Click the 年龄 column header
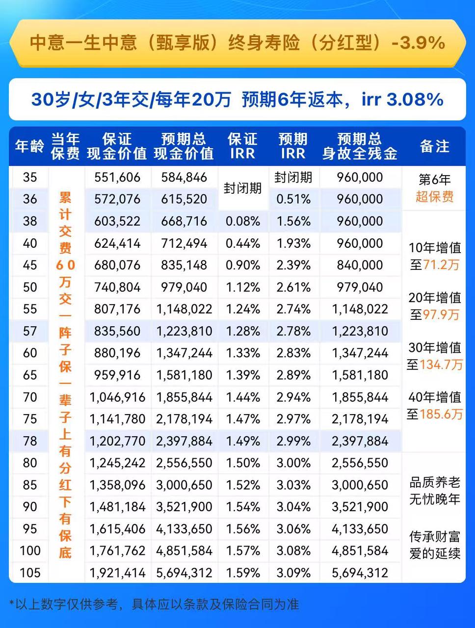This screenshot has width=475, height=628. click(29, 146)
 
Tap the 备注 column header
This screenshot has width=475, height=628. click(434, 146)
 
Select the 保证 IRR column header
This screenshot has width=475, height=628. click(242, 146)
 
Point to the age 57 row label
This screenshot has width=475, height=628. click(30, 331)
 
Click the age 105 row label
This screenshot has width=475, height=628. click(30, 573)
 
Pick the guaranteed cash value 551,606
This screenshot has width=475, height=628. click(117, 177)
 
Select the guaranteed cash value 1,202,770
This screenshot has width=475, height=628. click(117, 441)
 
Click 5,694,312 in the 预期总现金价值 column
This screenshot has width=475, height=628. click(184, 573)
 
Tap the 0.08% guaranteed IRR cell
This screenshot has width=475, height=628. click(243, 221)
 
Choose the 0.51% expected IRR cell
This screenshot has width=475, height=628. click(293, 199)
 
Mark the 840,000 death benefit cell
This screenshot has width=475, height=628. click(360, 265)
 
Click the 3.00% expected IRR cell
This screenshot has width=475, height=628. click(293, 463)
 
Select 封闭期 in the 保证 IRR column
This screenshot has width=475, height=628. click(242, 188)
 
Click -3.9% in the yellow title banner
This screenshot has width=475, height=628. click(419, 43)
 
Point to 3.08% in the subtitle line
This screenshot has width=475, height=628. click(415, 100)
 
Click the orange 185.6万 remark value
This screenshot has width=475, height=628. click(441, 414)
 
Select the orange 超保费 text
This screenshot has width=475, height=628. click(434, 197)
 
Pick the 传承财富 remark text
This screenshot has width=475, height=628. click(434, 537)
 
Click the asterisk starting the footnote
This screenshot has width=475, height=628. click(12, 602)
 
